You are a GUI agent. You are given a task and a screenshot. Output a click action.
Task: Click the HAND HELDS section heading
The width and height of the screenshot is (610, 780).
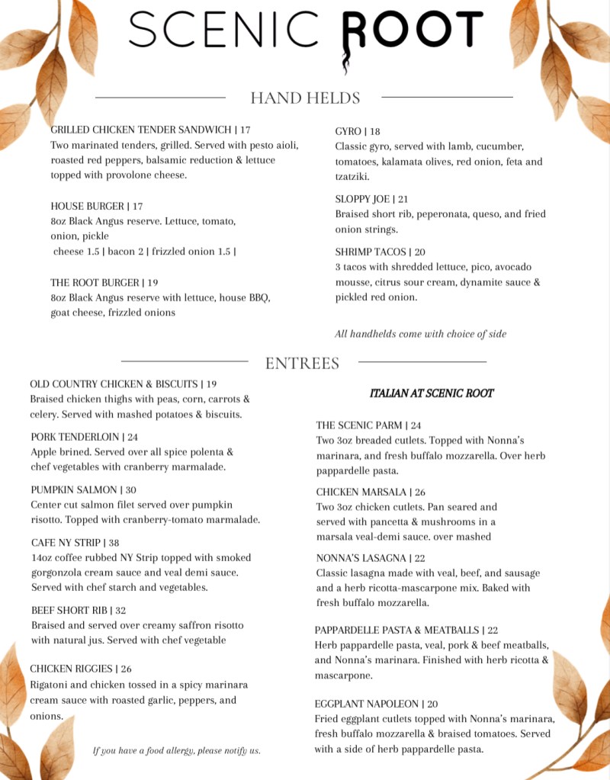[305, 98]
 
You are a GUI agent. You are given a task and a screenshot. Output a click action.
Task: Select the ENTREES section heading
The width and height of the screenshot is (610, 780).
[302, 364]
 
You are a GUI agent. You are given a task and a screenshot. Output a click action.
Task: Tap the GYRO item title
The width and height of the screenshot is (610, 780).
[348, 131]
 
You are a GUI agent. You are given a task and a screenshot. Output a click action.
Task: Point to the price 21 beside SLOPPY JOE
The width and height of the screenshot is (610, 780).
[403, 199]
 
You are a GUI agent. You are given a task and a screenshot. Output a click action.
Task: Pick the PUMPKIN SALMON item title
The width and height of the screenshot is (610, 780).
[74, 490]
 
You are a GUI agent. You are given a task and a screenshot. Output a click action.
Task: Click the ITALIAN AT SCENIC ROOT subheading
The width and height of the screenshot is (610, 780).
[432, 393]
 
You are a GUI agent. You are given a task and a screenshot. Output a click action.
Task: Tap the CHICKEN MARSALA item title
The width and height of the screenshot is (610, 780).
[361, 492]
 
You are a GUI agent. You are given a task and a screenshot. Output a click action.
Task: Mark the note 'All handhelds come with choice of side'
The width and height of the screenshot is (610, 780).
[420, 333]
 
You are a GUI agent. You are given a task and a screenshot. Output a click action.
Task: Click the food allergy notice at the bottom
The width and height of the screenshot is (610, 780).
[176, 750]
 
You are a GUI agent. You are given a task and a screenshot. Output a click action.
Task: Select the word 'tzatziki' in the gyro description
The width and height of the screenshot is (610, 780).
[352, 177]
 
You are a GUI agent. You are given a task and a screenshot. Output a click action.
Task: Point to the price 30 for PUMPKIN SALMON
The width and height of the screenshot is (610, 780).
[131, 490]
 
